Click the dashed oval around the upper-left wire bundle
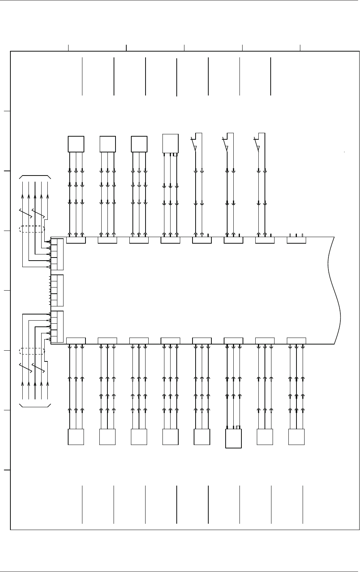(x=32, y=229)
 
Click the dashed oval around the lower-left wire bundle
(x=32, y=351)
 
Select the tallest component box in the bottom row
(x=233, y=438)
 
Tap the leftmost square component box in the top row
(x=76, y=144)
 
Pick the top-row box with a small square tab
(x=171, y=144)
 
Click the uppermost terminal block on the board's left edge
(x=57, y=254)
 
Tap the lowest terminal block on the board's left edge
(x=57, y=326)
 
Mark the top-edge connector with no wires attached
(x=296, y=240)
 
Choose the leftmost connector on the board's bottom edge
(x=76, y=341)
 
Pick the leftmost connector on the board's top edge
(x=76, y=241)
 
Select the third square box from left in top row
(x=139, y=144)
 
